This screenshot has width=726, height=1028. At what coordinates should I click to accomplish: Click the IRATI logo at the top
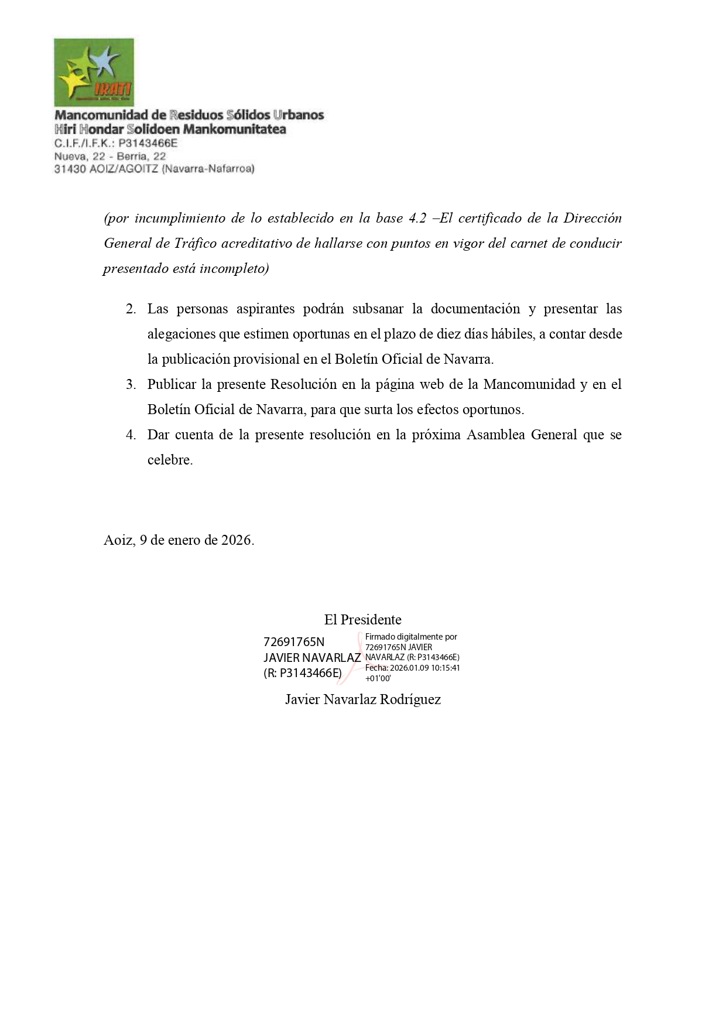coord(94,72)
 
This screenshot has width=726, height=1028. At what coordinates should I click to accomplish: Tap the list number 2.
coord(131,309)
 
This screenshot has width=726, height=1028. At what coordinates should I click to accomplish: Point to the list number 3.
coord(131,385)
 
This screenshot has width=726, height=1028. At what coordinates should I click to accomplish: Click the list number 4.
coord(131,435)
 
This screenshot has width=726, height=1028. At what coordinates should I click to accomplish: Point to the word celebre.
coord(170,460)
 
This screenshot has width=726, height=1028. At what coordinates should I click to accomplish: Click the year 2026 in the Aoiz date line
coord(235,540)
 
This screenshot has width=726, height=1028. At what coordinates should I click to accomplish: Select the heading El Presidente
coord(362,620)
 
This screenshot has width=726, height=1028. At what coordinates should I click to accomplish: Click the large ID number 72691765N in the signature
coord(294,642)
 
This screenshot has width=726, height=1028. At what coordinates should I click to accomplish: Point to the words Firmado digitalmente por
coord(411,637)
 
